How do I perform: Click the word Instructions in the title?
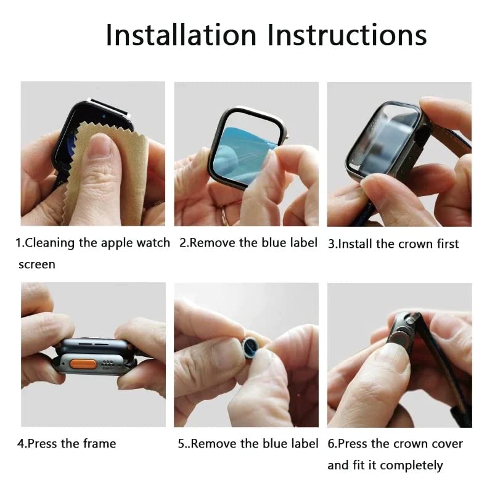[348, 35]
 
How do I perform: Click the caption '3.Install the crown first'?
[393, 244]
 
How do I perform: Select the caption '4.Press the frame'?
[67, 443]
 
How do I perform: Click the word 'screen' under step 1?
[36, 264]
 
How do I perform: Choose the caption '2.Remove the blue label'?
[248, 243]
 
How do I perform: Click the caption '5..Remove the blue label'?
[248, 443]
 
